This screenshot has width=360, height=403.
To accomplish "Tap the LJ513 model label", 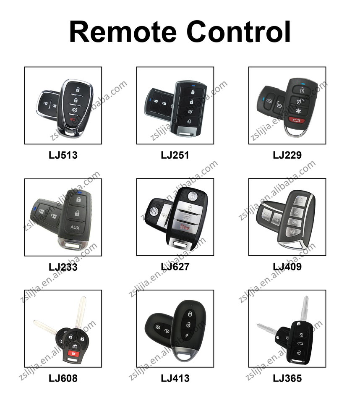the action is click(63, 155).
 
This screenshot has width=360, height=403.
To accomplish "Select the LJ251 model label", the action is click(175, 155).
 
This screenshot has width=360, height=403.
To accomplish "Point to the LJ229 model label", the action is click(287, 155).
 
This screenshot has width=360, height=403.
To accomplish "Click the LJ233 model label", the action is click(63, 267).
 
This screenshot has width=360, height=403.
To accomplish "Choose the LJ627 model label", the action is click(175, 267).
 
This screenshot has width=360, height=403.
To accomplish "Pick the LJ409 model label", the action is click(287, 267).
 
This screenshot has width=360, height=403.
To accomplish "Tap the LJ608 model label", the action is click(63, 378).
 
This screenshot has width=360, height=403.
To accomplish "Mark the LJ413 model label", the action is click(175, 378).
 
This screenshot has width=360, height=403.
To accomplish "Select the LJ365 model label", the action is click(287, 378).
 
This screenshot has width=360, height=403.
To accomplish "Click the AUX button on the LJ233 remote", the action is click(75, 228).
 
